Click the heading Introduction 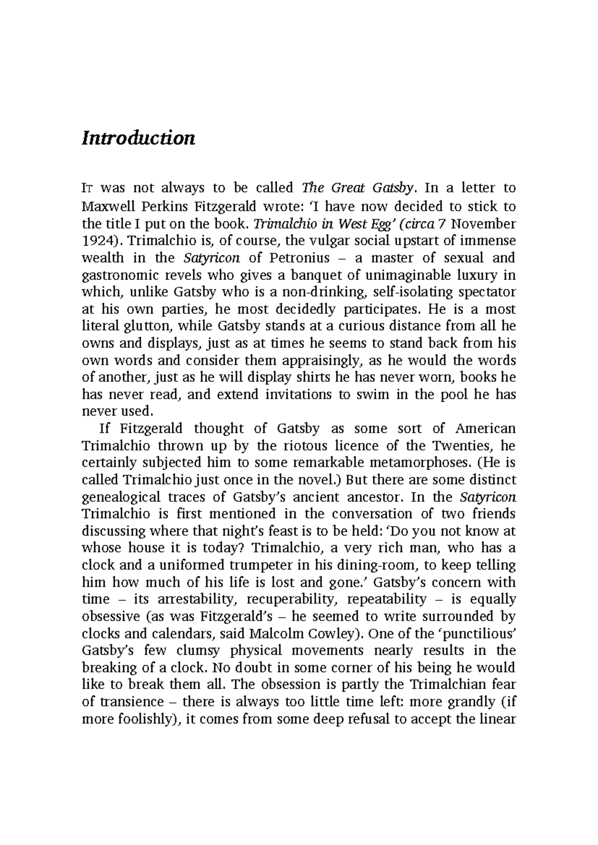[x=138, y=138]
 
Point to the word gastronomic [x=116, y=275]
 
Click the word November [x=483, y=223]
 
